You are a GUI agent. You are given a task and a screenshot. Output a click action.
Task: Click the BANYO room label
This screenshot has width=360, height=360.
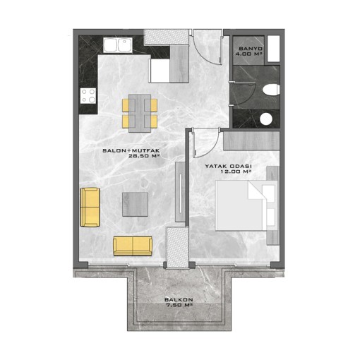pyautogui.click(x=251, y=49)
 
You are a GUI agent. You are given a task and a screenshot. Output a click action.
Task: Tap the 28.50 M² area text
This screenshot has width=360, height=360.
pyautogui.click(x=143, y=155)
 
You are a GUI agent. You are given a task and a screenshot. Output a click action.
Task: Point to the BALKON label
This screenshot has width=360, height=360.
pyautogui.click(x=179, y=300)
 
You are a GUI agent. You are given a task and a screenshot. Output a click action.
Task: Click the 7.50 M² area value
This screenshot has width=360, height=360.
pyautogui.click(x=179, y=305)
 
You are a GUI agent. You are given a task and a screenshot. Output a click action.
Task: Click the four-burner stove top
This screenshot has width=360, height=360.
pyautogui.click(x=88, y=95)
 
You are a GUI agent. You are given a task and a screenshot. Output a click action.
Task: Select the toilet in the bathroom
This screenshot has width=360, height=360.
pyautogui.click(x=271, y=90)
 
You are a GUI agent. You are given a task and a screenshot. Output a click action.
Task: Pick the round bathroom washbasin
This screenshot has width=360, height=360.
pyautogui.click(x=266, y=119)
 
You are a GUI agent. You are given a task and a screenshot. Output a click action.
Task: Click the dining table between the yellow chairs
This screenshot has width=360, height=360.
pyautogui.click(x=140, y=113)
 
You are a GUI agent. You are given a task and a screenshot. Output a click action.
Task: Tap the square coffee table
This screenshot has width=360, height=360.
pyautogui.click(x=135, y=204)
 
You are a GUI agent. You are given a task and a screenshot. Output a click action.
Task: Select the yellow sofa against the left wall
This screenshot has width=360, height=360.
pyautogui.click(x=90, y=207)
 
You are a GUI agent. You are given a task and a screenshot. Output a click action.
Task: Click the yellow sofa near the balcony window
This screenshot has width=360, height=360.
pyautogui.click(x=133, y=246)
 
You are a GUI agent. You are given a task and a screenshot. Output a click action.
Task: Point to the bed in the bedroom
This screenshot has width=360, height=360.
pyautogui.click(x=246, y=205)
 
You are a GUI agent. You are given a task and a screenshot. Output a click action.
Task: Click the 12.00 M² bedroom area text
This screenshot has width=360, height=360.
pyautogui.click(x=236, y=172)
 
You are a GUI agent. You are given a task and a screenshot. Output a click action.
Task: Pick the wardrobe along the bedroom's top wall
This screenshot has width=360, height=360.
pyautogui.click(x=251, y=140)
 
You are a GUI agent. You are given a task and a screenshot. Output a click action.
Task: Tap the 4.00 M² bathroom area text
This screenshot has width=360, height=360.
pyautogui.click(x=249, y=54)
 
